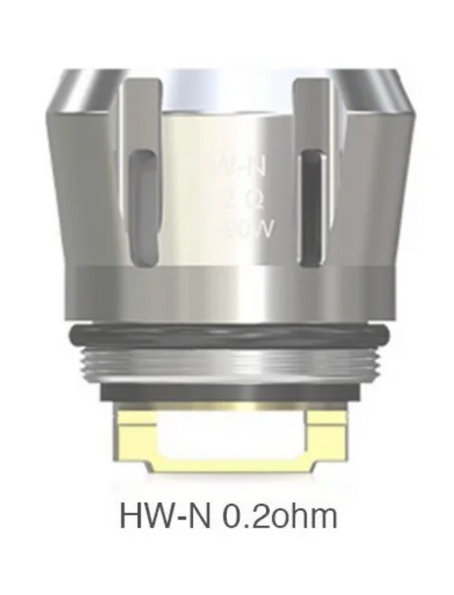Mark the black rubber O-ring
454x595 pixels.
click(227, 334)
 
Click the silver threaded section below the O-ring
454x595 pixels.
click(227, 363)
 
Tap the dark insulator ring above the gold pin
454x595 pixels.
click(227, 393)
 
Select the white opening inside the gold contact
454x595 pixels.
click(227, 436)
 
